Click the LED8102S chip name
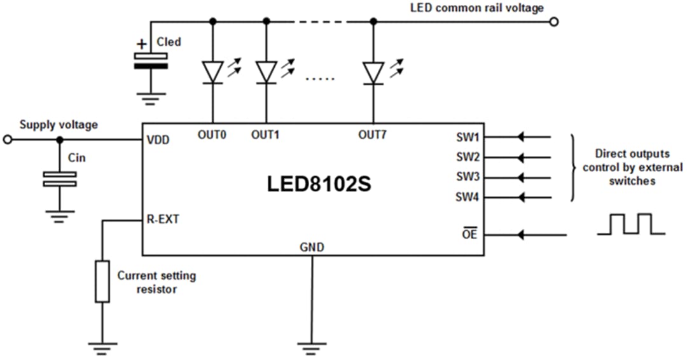pyautogui.click(x=318, y=184)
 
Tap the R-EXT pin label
pyautogui.click(x=163, y=220)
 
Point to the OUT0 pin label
pyautogui.click(x=212, y=135)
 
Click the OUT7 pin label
pyautogui.click(x=373, y=135)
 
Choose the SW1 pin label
pyautogui.click(x=467, y=137)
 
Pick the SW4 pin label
pyautogui.click(x=467, y=197)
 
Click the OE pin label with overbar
pyautogui.click(x=470, y=235)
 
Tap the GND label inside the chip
pyautogui.click(x=312, y=247)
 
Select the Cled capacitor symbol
pyautogui.click(x=151, y=61)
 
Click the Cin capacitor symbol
pyautogui.click(x=60, y=179)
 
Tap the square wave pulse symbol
pyautogui.click(x=630, y=225)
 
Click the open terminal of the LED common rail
pyautogui.click(x=554, y=22)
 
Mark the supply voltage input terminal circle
pyautogui.click(x=8, y=140)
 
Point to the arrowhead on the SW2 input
pyautogui.click(x=522, y=156)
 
